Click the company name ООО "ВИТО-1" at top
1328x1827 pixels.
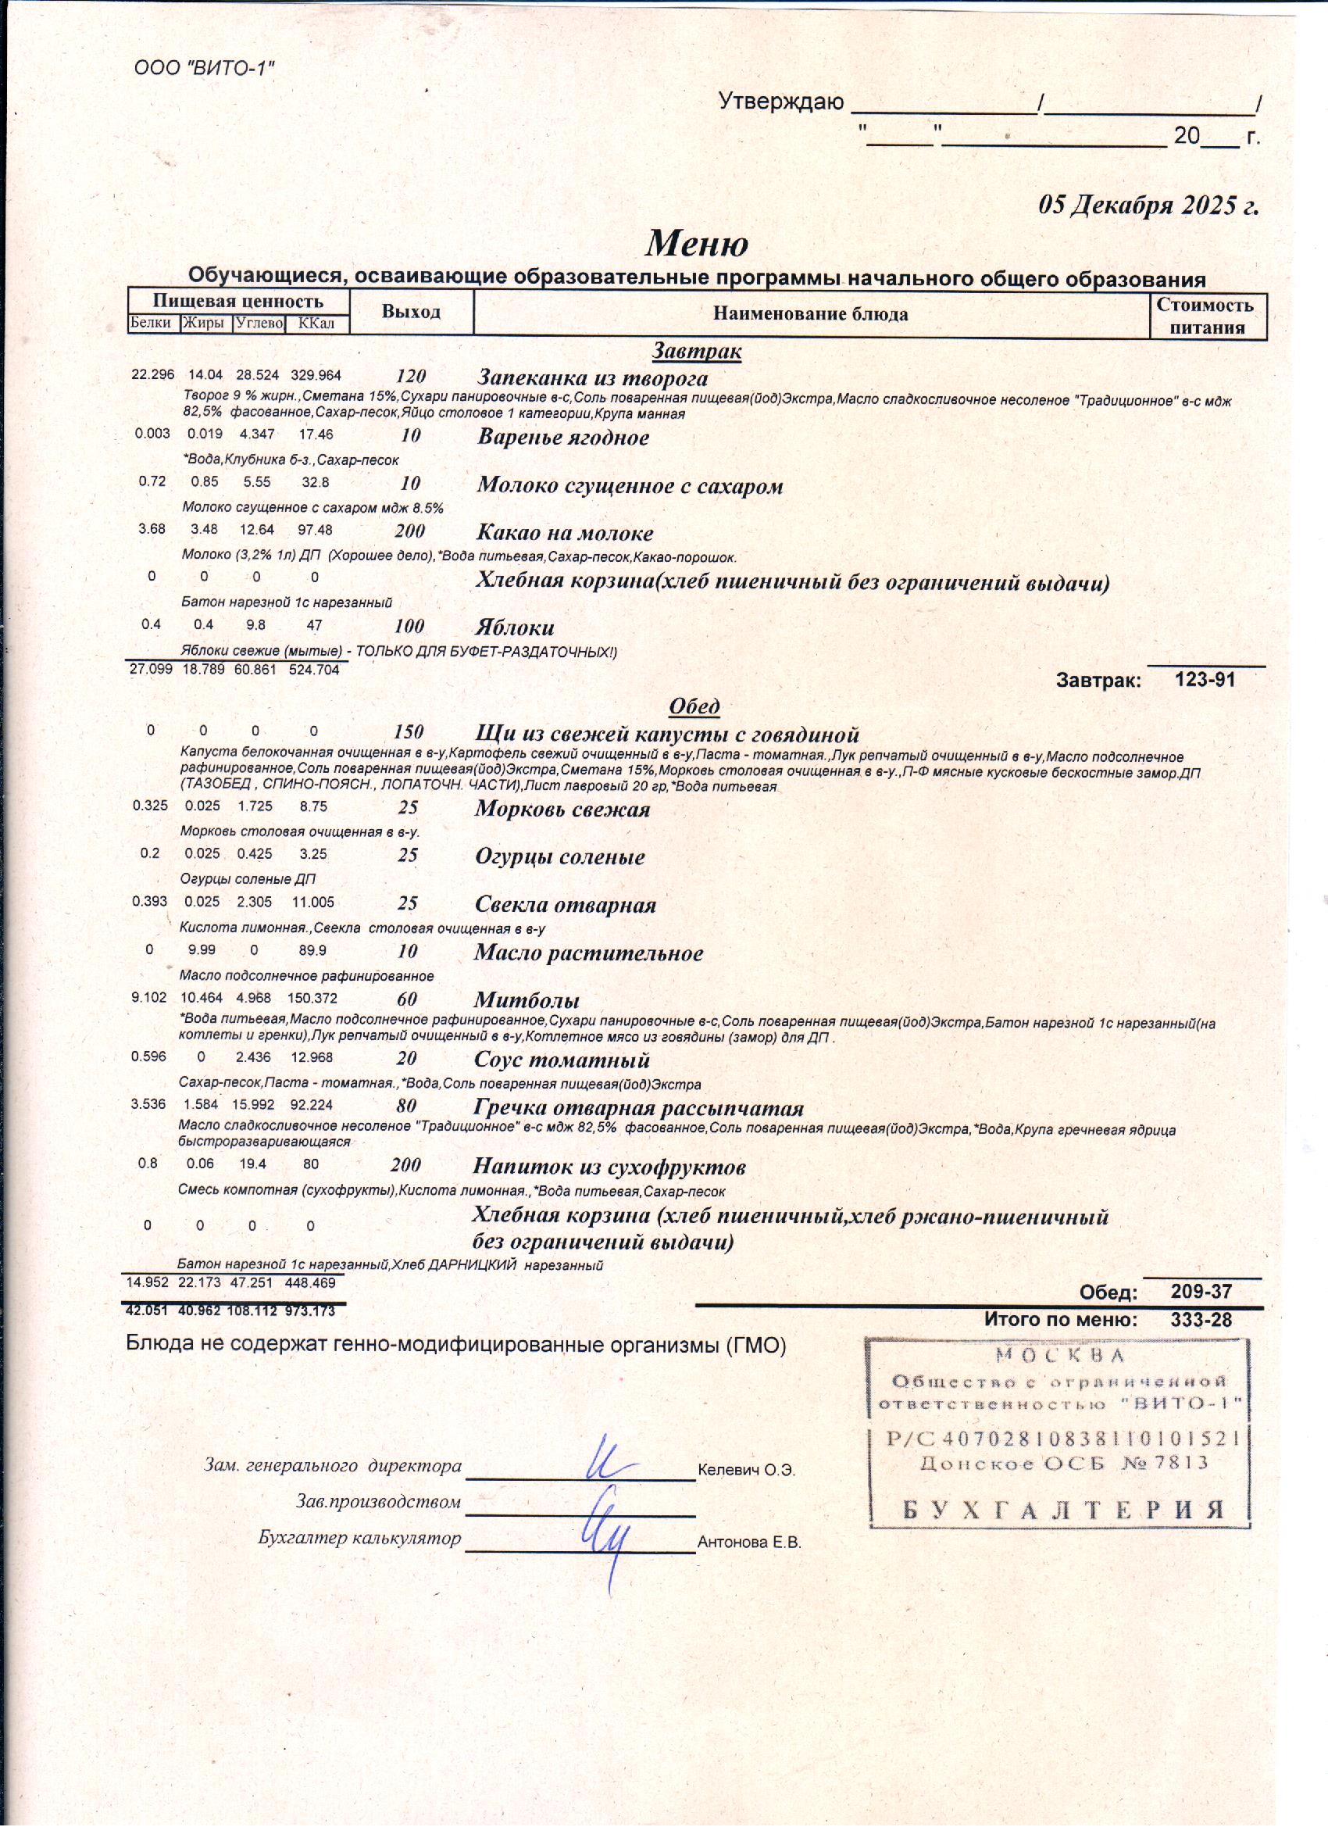click(205, 69)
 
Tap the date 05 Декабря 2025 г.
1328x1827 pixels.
click(1148, 206)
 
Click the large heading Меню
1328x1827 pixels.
click(697, 243)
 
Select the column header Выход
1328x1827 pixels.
click(411, 312)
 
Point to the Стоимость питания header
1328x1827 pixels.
click(1205, 316)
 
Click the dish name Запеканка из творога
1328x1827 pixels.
click(593, 377)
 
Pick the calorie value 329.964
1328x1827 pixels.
click(316, 375)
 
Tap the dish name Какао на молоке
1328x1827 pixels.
click(565, 532)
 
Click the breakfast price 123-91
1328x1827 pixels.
click(1204, 679)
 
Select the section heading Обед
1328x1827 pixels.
click(694, 706)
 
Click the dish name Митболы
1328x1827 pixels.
click(527, 1000)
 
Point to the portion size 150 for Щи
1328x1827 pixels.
click(409, 732)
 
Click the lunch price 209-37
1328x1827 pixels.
click(1201, 1291)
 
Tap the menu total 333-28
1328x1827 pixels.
click(1201, 1319)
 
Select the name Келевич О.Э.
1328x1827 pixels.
click(747, 1470)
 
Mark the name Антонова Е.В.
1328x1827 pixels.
click(749, 1543)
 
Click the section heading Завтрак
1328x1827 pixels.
click(697, 351)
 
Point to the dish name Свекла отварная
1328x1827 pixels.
click(565, 905)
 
